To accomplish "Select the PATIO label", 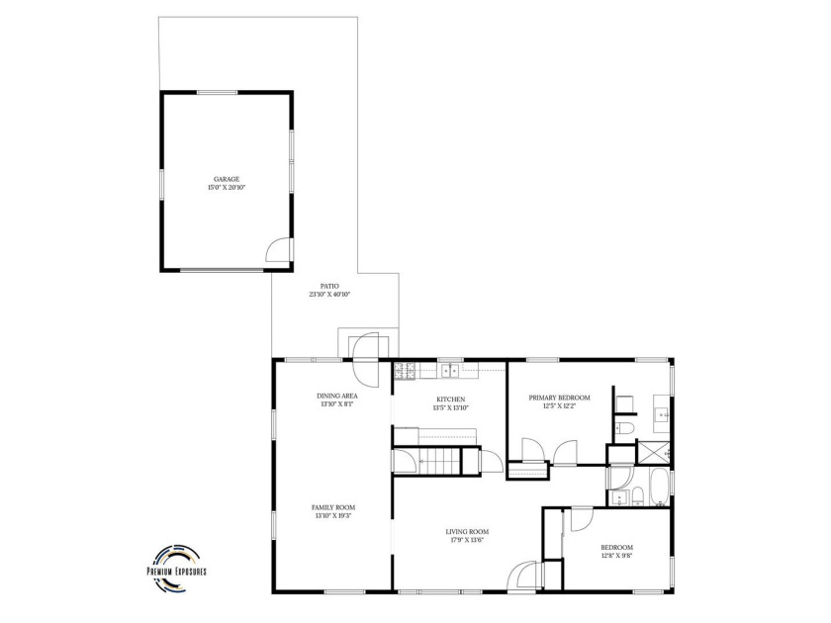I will pyautogui.click(x=329, y=285).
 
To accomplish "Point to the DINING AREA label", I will pyautogui.click(x=337, y=396).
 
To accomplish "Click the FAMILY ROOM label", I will pyautogui.click(x=332, y=506).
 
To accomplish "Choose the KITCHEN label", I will pyautogui.click(x=450, y=399).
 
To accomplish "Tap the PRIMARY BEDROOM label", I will pyautogui.click(x=566, y=398).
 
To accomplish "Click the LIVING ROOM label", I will pyautogui.click(x=467, y=532).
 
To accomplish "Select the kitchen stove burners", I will pyautogui.click(x=404, y=372).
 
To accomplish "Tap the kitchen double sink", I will pyautogui.click(x=450, y=371).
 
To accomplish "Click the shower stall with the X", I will pyautogui.click(x=651, y=452).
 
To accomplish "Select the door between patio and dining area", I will pyautogui.click(x=363, y=361).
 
